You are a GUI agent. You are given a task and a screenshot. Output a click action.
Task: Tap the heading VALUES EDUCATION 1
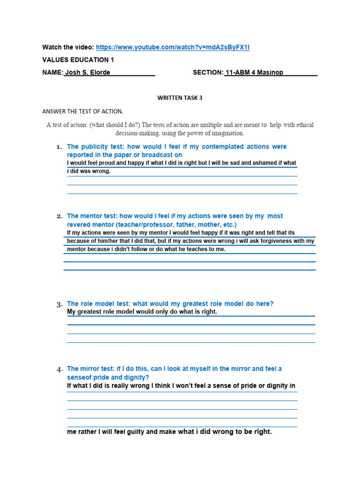(78, 60)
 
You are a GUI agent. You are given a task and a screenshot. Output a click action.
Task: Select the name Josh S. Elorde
(87, 73)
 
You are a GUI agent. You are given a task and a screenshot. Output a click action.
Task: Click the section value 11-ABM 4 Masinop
(255, 73)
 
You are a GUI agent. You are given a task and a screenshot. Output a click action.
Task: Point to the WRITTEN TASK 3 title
(180, 98)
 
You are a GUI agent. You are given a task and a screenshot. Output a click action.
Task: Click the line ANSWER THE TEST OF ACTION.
(83, 112)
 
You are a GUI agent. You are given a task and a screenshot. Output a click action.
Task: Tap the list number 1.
(59, 147)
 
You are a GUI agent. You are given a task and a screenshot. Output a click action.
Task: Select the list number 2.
(59, 217)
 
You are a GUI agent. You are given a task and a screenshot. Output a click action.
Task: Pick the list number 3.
(59, 304)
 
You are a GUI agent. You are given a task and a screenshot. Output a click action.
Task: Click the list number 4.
(59, 369)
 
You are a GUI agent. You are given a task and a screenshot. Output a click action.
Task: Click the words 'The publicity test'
(92, 147)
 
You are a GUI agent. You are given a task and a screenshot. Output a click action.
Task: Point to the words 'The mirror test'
(89, 369)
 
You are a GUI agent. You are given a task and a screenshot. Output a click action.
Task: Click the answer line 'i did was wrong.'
(89, 172)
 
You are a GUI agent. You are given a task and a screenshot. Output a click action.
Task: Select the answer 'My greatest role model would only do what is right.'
(142, 312)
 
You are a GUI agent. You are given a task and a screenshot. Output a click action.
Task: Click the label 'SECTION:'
(208, 73)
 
